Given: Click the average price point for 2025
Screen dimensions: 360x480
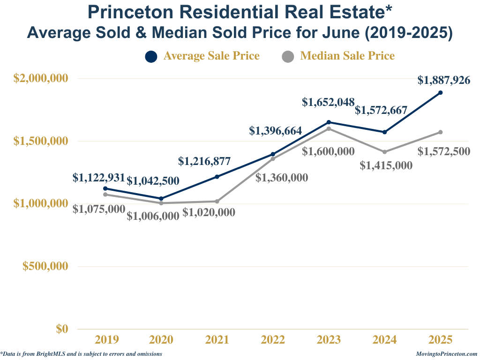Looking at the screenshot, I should pos(441,93).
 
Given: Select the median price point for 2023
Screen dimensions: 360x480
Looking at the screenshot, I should pos(329,129).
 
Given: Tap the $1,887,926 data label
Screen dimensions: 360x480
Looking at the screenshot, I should pos(444,80).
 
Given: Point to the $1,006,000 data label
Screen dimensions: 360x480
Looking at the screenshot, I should pos(153,216).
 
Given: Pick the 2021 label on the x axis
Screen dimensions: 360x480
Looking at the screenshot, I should pos(217,340).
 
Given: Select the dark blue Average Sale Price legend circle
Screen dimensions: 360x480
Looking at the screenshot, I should pos(151,56).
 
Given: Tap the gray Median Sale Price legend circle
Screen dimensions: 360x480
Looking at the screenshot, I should pos(288,56).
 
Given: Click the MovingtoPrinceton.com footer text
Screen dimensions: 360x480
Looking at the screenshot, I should pos(446,354).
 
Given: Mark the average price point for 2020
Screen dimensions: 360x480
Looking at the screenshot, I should pos(161,199).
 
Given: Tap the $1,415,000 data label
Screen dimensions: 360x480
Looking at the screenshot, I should pos(386,165).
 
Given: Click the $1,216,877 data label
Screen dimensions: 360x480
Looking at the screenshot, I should pos(204,162).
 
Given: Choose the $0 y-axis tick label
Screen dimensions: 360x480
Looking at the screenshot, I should pos(62,329).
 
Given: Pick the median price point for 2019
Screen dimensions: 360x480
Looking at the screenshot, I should pos(105,195).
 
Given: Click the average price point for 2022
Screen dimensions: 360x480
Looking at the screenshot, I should pos(273,154).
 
